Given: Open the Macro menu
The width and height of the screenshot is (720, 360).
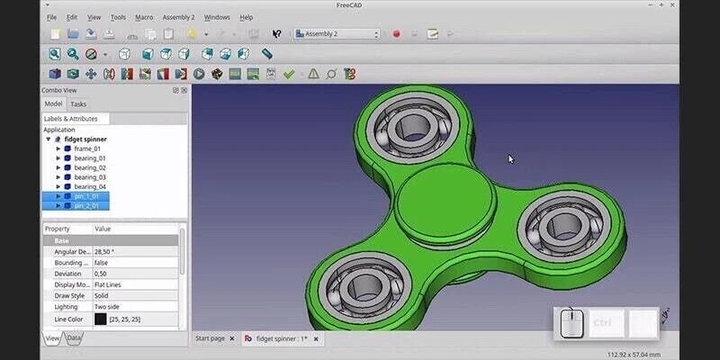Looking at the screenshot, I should (144, 17).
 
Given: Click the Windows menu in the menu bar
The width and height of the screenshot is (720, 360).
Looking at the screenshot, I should (217, 17).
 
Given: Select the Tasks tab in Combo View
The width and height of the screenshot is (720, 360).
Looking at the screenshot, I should (78, 104).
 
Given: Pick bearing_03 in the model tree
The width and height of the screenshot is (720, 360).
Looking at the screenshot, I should (90, 177).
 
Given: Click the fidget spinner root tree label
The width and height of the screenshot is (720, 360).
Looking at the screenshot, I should (85, 139).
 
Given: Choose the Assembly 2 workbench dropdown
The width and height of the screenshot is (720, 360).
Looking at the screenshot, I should (338, 34).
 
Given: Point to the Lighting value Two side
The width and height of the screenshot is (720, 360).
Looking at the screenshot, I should (110, 307).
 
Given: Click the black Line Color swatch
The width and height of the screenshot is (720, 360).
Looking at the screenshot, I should (100, 319).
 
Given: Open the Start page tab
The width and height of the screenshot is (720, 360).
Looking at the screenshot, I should (211, 338).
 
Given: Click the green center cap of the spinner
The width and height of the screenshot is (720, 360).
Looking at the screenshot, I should (445, 196).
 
